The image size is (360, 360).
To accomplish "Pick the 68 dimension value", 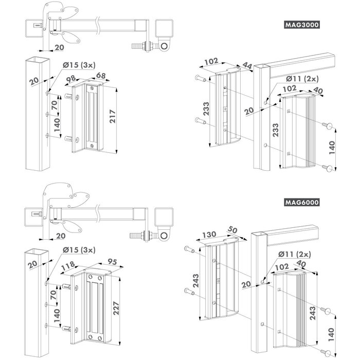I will (101, 77).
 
